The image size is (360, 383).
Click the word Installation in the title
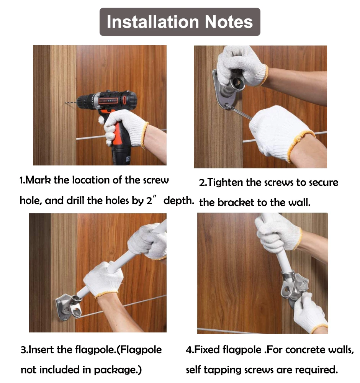click(153, 22)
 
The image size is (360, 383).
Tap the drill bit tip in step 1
click(65, 103)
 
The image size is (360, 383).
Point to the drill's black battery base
click(121, 155)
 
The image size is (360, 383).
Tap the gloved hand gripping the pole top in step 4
click(278, 233)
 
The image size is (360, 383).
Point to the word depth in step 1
click(178, 201)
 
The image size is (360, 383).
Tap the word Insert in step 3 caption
click(41, 350)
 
